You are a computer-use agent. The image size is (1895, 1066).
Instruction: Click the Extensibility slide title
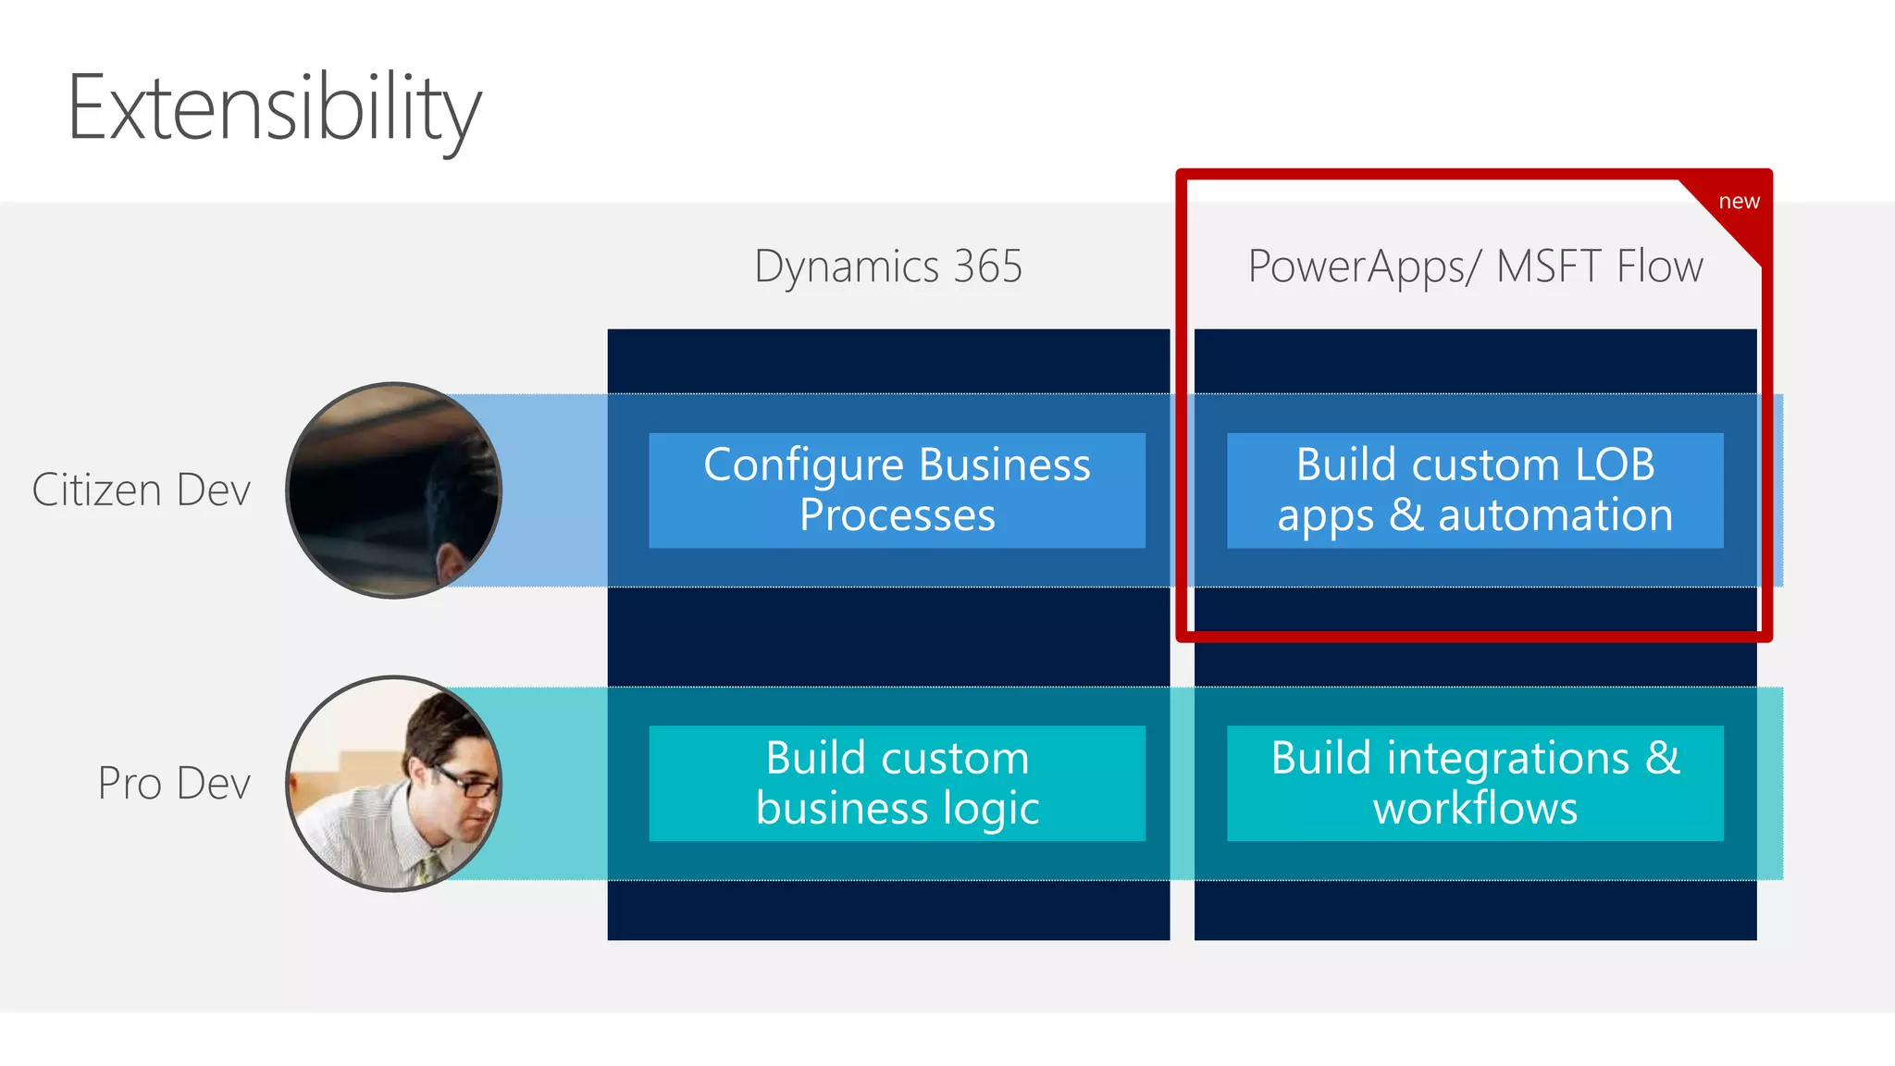[274, 109]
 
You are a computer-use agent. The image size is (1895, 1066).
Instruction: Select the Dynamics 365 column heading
[887, 266]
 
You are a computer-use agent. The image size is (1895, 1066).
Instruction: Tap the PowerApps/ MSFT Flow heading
[1475, 266]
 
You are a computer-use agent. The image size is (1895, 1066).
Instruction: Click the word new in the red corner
[1739, 202]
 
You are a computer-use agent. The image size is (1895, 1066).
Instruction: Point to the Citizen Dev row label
[141, 490]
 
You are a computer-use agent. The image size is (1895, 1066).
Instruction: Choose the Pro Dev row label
[174, 784]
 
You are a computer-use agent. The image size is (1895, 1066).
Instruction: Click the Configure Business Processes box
[897, 490]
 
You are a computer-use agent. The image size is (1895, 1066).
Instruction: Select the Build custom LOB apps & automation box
[1475, 490]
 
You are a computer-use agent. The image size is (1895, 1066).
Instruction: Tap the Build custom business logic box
[897, 784]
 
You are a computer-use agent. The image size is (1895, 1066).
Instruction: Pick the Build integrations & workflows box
[1475, 784]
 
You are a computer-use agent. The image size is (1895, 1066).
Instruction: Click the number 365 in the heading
[987, 266]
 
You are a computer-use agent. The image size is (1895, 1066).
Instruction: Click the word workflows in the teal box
[1475, 809]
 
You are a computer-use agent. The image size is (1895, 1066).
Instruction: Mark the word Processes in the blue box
[897, 515]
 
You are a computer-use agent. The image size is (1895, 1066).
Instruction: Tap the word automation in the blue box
[1554, 515]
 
